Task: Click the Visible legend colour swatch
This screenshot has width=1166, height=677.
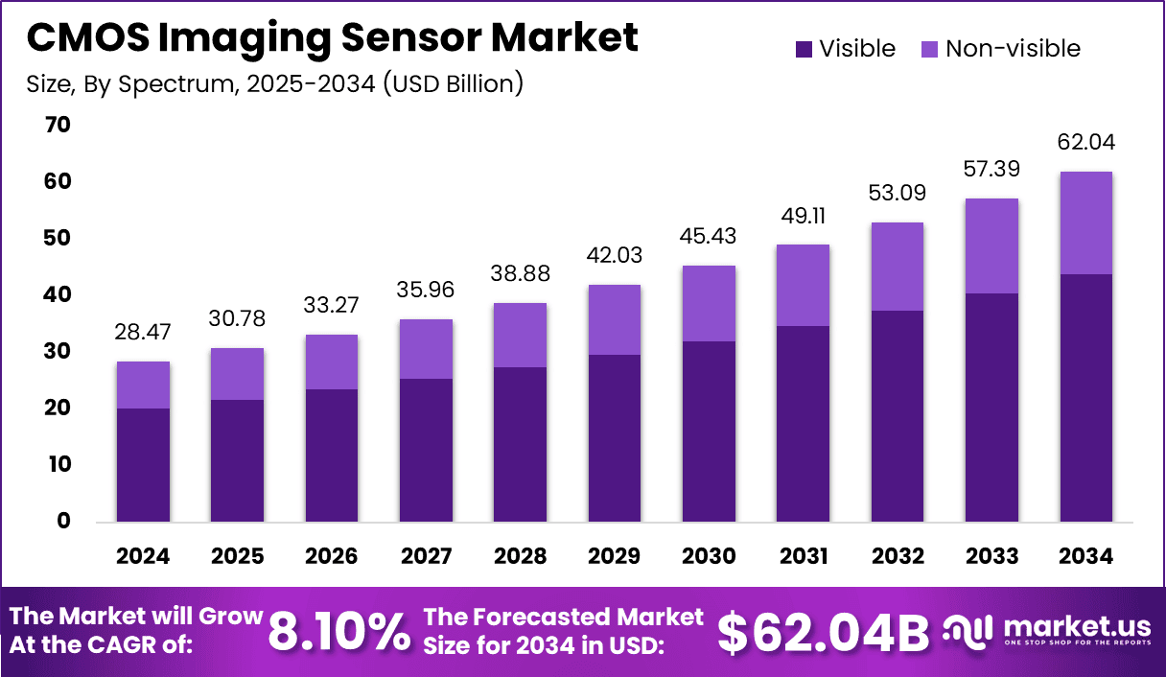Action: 804,49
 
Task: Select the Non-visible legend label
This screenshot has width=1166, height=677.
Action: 1013,49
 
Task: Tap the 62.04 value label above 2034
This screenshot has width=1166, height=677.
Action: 1086,142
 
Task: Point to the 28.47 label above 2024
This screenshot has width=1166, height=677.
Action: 144,332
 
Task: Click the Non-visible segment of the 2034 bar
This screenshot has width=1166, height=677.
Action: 1086,222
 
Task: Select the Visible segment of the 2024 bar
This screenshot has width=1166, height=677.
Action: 144,465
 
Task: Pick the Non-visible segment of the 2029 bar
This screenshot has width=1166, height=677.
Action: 615,319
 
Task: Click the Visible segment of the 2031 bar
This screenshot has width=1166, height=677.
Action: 804,424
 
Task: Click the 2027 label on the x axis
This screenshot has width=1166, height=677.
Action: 427,557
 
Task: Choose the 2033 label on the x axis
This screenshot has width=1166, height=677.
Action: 992,557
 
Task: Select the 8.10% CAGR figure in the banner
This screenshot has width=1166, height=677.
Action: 338,631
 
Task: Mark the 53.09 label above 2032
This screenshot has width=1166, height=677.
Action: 898,193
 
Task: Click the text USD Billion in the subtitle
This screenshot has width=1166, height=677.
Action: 450,83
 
